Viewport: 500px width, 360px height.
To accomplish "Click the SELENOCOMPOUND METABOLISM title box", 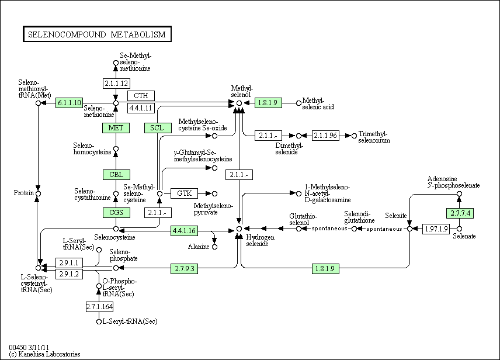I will pyautogui.click(x=96, y=34).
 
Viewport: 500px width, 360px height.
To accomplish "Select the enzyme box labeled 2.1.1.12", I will pyautogui.click(x=116, y=82).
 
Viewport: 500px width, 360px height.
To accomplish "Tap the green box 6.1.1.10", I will pyautogui.click(x=70, y=103).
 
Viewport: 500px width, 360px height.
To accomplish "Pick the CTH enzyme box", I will pyautogui.click(x=141, y=96).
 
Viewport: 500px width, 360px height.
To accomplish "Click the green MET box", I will pyautogui.click(x=116, y=128).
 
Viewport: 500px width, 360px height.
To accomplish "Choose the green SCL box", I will pyautogui.click(x=157, y=128).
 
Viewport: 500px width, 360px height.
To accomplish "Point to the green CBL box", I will pyautogui.click(x=116, y=175).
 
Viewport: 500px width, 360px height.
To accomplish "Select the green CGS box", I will pyautogui.click(x=116, y=213).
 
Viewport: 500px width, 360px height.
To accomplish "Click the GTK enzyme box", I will pyautogui.click(x=185, y=193).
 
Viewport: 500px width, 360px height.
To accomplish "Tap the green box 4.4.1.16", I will pyautogui.click(x=185, y=231).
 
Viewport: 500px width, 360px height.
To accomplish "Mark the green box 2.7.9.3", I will pyautogui.click(x=185, y=268).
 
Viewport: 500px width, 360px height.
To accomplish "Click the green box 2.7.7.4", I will pyautogui.click(x=459, y=213).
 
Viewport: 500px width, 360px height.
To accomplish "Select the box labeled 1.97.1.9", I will pyautogui.click(x=436, y=229).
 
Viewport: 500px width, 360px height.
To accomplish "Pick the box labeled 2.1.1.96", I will pyautogui.click(x=325, y=136).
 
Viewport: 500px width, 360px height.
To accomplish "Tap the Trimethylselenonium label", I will pyautogui.click(x=374, y=137).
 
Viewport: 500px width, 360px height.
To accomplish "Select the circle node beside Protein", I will pyautogui.click(x=38, y=193).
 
